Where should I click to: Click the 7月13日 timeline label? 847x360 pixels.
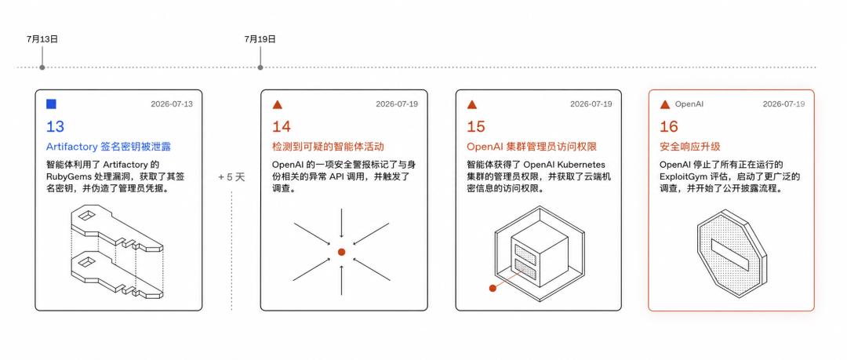click(42, 39)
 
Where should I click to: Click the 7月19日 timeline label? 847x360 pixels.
click(260, 39)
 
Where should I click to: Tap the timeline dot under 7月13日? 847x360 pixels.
click(42, 67)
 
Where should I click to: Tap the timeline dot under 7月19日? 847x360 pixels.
click(260, 67)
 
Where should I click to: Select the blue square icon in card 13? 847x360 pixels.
click(51, 104)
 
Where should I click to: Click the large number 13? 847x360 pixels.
click(55, 126)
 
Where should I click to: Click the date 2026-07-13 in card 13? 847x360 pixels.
click(171, 104)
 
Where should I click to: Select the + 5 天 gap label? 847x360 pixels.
click(231, 177)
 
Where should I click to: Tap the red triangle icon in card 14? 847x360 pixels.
click(277, 104)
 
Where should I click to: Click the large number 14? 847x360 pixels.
click(281, 126)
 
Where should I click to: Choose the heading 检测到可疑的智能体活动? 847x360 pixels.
click(328, 147)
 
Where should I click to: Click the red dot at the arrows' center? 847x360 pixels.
click(341, 252)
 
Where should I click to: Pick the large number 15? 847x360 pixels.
click(476, 126)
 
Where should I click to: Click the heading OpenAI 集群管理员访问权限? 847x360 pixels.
click(532, 147)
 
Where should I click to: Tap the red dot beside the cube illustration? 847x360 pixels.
click(493, 288)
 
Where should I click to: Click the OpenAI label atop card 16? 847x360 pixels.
click(689, 104)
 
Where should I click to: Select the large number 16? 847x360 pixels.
click(669, 126)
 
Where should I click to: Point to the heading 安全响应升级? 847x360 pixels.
click(690, 147)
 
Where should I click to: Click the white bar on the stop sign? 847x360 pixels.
click(730, 255)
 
